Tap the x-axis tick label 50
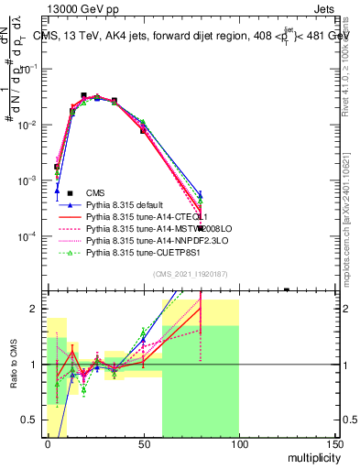pos(143,442)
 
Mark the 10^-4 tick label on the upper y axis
pos(29,236)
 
